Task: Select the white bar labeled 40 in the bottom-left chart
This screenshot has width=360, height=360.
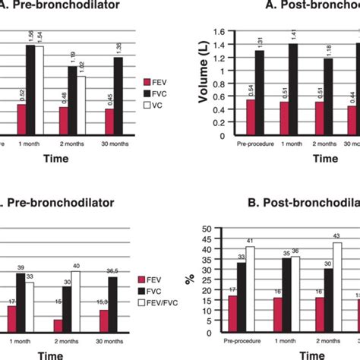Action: pos(76,304)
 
